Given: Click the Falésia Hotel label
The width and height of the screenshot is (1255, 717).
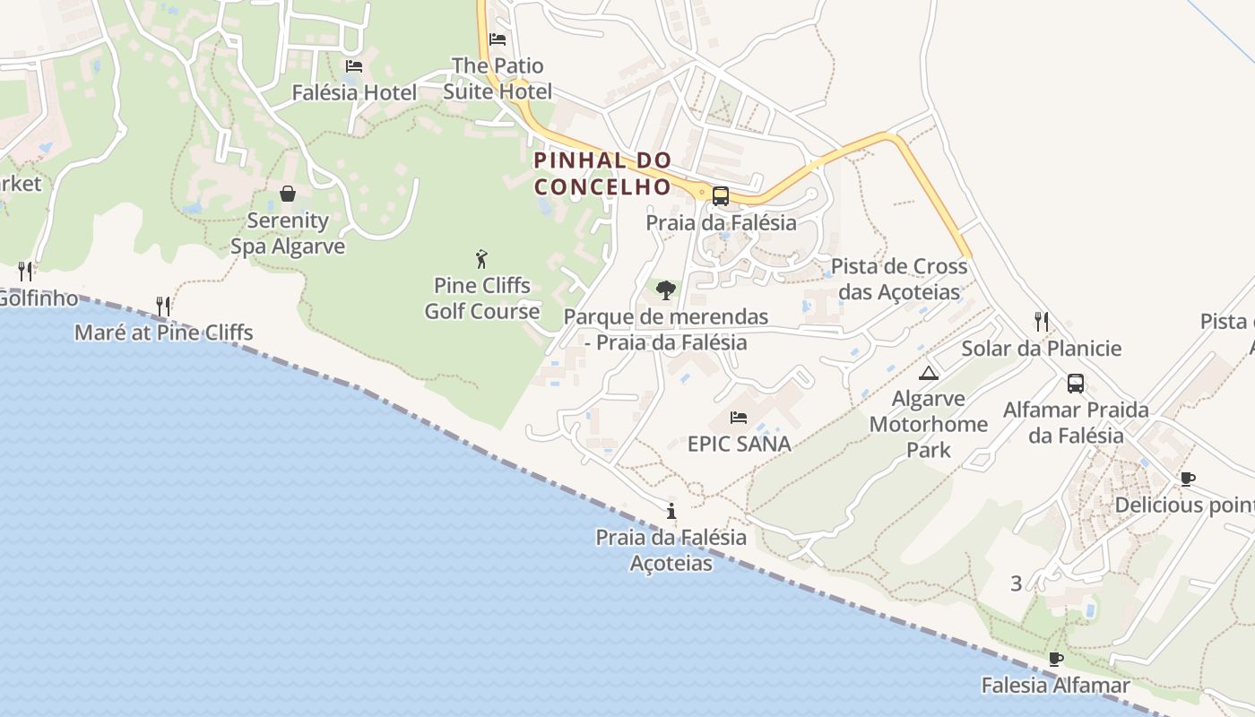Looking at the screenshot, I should pyautogui.click(x=354, y=92).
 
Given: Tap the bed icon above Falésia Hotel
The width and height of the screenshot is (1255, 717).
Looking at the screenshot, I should pyautogui.click(x=354, y=66).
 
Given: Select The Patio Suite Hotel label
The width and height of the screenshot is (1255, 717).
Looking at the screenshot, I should pyautogui.click(x=498, y=78).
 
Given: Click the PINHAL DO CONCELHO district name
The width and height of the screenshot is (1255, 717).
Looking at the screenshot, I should pyautogui.click(x=602, y=173).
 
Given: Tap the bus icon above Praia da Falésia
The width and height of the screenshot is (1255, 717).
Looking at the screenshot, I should pyautogui.click(x=720, y=196).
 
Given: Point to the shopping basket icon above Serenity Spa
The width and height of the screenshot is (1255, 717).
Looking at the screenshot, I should pyautogui.click(x=288, y=194).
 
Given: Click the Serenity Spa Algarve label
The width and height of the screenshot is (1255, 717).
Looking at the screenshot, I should pyautogui.click(x=288, y=233).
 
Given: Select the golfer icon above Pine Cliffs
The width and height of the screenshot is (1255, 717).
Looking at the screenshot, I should pyautogui.click(x=481, y=260).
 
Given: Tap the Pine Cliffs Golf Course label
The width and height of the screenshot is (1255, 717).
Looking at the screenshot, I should pyautogui.click(x=482, y=298).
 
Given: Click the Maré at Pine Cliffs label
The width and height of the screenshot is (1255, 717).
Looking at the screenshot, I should pyautogui.click(x=164, y=333).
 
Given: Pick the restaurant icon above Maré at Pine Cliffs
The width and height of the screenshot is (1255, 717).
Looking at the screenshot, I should pyautogui.click(x=163, y=307).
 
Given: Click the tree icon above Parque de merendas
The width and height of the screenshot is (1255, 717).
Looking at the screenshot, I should pyautogui.click(x=665, y=290).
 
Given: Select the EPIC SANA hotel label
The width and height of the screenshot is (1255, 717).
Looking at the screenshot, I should pyautogui.click(x=740, y=444).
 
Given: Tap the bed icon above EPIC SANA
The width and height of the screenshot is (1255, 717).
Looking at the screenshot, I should pyautogui.click(x=739, y=418).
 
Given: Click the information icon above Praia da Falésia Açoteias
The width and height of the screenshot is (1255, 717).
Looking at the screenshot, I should pyautogui.click(x=671, y=512).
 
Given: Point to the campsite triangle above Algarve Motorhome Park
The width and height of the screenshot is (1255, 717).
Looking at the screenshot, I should pyautogui.click(x=929, y=373).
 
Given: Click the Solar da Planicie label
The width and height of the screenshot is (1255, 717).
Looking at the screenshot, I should pyautogui.click(x=1042, y=348).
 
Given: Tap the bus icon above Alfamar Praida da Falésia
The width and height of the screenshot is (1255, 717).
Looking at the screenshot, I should pyautogui.click(x=1076, y=384).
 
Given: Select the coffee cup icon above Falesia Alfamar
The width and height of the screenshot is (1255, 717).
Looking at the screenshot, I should pyautogui.click(x=1056, y=660).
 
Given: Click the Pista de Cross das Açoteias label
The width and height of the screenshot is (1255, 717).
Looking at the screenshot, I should pyautogui.click(x=899, y=279).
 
